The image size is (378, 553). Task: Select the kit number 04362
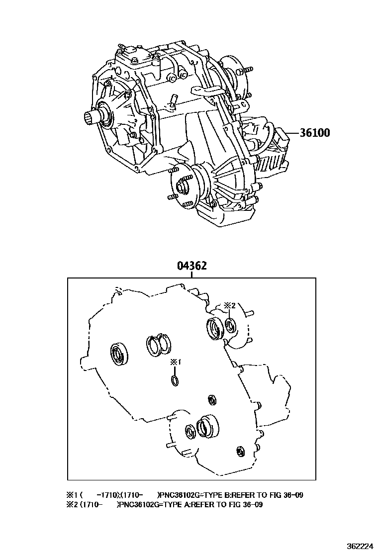click(191, 266)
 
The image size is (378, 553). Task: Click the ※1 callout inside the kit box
click(175, 363)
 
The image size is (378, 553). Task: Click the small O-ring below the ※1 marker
click(175, 381)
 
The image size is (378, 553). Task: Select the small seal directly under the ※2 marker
click(230, 326)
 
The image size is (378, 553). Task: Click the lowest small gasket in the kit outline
click(241, 451)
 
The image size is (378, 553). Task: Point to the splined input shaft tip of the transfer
click(90, 118)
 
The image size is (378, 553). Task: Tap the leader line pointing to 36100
click(290, 133)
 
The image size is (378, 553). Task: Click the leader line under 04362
click(191, 275)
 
